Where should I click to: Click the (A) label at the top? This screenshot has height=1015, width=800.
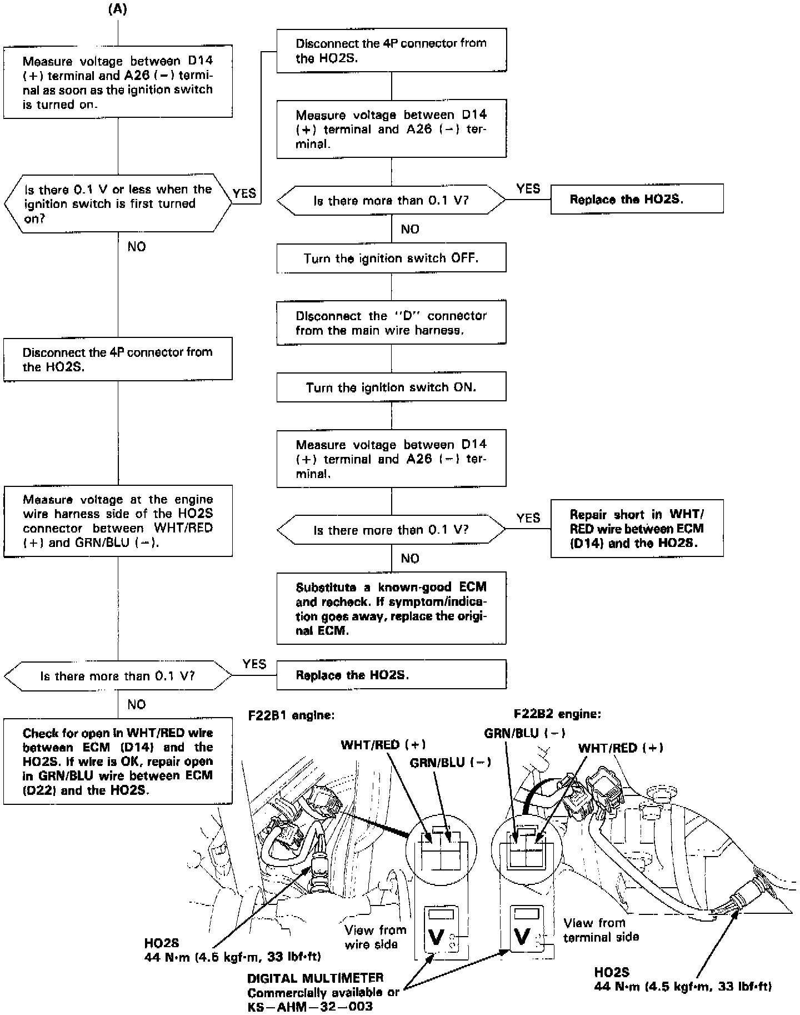point(117,10)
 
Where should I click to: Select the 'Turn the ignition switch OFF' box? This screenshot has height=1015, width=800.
point(391,258)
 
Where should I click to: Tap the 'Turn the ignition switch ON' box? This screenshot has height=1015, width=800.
point(391,387)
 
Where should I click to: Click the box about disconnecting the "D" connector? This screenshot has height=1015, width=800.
point(391,322)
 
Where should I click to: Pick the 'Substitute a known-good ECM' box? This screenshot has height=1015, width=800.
point(391,609)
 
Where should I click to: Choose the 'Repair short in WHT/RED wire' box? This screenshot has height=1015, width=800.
point(637,528)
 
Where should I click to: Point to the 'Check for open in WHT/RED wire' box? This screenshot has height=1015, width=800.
point(118,762)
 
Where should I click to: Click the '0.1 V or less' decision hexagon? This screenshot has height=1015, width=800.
point(118,203)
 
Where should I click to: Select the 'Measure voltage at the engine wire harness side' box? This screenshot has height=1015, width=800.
point(118,521)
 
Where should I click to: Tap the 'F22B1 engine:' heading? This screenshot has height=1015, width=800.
point(291,715)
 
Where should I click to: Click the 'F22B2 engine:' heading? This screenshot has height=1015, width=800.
point(557,714)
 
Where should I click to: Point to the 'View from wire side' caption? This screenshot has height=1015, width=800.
point(375,937)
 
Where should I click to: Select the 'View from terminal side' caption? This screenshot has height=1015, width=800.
point(601,930)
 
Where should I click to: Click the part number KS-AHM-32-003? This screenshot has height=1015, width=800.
point(310,1007)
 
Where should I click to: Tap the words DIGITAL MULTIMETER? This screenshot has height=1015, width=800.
point(316,978)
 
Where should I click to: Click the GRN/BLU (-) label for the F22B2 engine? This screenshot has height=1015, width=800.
point(524,733)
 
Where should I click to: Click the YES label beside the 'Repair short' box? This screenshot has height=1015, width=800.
point(528,518)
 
